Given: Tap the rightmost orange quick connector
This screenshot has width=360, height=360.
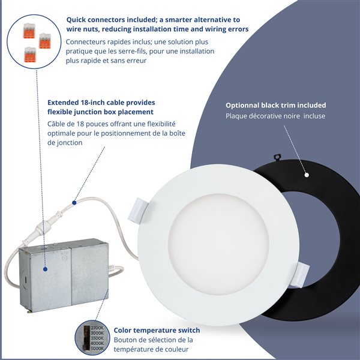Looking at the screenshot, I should coord(44,41).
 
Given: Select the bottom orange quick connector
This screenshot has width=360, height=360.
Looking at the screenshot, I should coord(29,55).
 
